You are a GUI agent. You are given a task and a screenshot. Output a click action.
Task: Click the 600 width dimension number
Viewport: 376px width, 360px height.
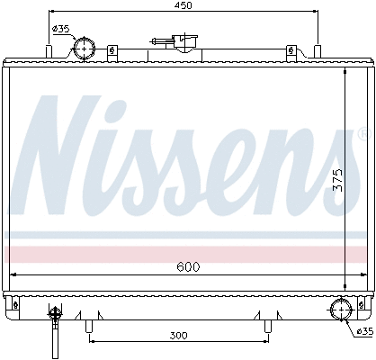tap(187, 266)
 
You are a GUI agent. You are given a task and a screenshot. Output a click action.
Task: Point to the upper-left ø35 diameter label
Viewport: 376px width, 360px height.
tap(61, 29)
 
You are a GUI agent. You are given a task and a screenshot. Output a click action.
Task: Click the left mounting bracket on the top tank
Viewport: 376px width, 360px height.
tap(111, 51)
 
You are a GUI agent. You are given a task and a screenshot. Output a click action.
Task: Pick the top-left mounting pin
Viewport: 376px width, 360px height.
tap(48, 48)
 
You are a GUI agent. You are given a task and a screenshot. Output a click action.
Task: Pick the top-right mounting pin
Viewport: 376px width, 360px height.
tap(318, 48)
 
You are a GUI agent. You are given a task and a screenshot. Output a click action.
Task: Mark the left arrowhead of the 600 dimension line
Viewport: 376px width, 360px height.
tap(12, 274)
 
